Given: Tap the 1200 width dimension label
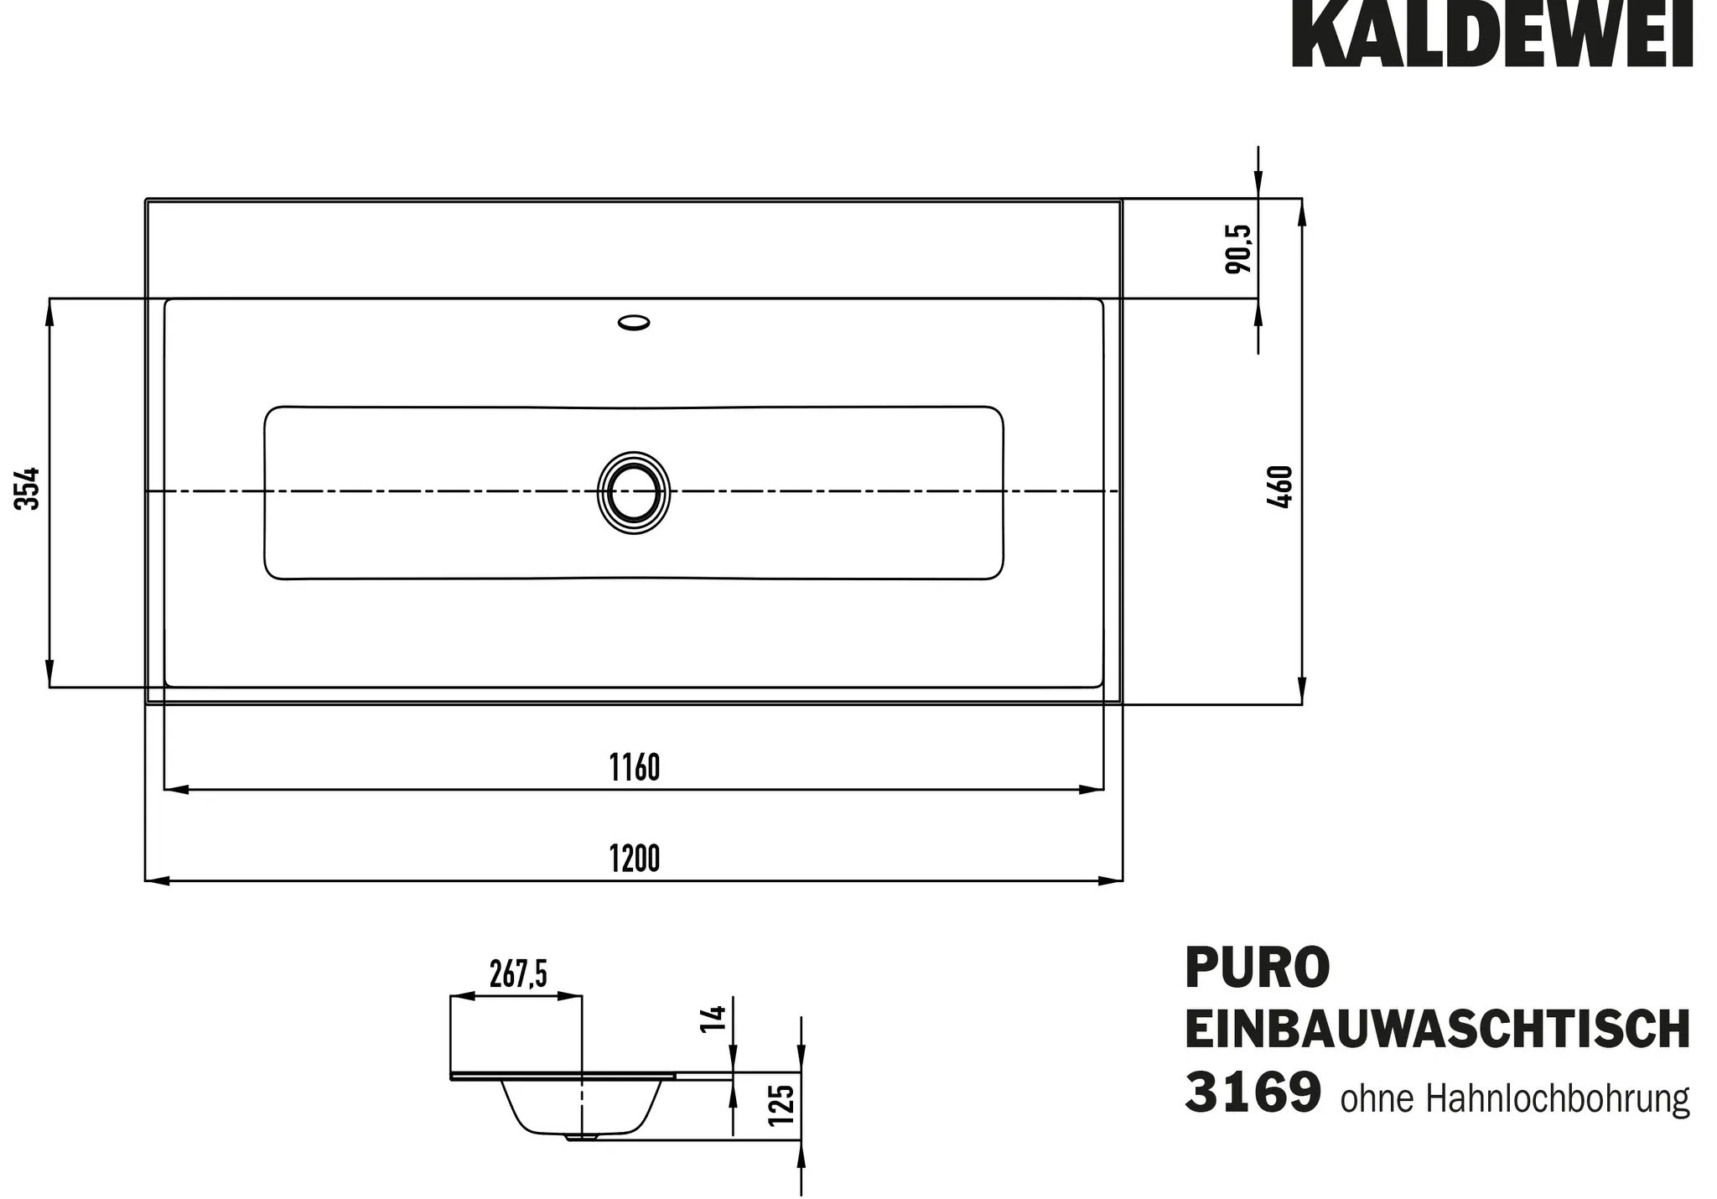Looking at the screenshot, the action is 635,859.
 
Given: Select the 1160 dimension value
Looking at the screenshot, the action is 635,767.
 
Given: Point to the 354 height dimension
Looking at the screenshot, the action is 28,488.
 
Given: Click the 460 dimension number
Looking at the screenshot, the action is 1281,486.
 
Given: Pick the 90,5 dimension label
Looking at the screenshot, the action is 1238,248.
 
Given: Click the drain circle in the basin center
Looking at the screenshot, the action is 634,493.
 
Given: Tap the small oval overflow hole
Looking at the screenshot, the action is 634,322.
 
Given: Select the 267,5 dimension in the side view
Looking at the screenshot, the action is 518,974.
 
